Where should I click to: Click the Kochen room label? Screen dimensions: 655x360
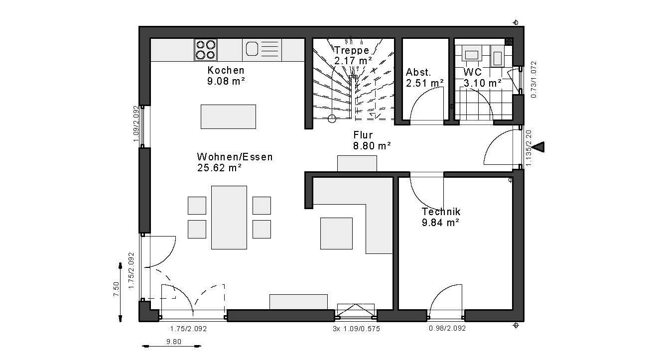coord(226,70)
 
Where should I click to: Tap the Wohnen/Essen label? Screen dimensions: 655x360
coord(235,157)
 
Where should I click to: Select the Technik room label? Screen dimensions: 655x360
coord(441,212)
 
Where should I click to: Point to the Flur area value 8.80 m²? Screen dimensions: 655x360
coord(372,145)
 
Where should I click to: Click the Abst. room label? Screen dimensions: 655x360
coord(418,72)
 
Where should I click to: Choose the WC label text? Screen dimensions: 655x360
coord(473,72)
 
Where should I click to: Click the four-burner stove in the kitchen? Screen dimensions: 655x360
coord(206,50)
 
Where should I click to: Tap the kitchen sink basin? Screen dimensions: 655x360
coord(252,49)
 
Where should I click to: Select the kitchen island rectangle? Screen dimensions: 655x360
coord(228,117)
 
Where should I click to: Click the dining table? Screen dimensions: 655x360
coord(229,218)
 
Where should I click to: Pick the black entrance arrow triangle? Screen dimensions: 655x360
coord(538,147)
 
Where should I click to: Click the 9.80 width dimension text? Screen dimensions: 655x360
coord(174,342)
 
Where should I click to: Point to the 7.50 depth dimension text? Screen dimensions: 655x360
coord(117,289)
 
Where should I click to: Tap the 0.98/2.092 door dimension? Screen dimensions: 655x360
coord(447,328)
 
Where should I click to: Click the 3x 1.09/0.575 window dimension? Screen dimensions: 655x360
coord(356,329)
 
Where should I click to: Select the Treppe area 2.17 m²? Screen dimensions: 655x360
coord(353,61)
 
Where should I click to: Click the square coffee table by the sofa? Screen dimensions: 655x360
coord(336,234)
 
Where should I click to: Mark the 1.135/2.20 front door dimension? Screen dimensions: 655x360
coord(528,148)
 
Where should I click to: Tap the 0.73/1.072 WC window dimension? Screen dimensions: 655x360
coord(533,80)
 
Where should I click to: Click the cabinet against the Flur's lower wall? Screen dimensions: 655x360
coord(357,163)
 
